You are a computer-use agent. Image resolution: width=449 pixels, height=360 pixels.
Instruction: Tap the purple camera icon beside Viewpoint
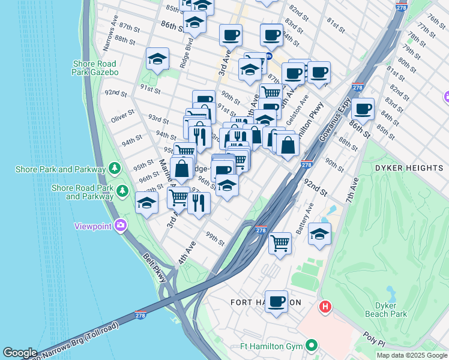click(121, 226)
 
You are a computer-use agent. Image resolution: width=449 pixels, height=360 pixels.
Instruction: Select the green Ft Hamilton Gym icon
click(311, 346)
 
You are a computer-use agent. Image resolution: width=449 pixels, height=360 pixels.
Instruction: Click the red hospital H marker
click(325, 307)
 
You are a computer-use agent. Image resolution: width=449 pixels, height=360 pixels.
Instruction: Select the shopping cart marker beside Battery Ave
click(280, 243)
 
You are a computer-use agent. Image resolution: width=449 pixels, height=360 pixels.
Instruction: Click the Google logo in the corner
click(20, 353)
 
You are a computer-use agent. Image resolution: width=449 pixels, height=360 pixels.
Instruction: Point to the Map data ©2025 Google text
click(411, 355)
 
